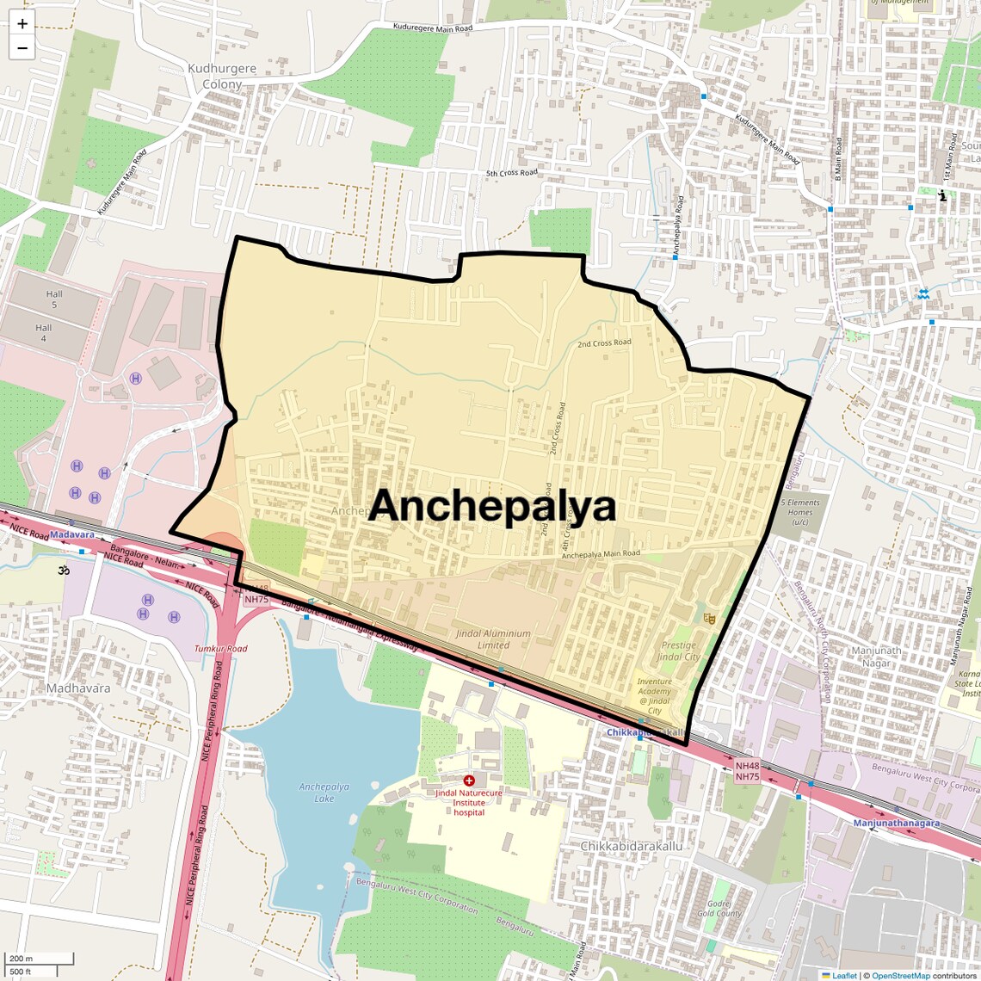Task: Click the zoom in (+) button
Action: tap(22, 24)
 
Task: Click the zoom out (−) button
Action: tap(22, 48)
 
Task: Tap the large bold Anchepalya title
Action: tap(492, 506)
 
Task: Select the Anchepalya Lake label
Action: tap(324, 793)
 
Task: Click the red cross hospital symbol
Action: tap(469, 780)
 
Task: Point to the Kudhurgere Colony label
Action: tap(222, 77)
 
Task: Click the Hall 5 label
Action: tap(54, 299)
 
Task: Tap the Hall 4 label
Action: tap(44, 333)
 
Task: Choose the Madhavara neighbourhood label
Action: tap(78, 688)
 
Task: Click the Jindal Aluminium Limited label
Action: tap(493, 639)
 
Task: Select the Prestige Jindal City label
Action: tap(679, 651)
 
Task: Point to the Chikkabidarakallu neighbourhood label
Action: tap(631, 846)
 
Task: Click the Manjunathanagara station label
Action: tap(896, 824)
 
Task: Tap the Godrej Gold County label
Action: tap(719, 909)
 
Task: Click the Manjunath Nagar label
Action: tap(877, 657)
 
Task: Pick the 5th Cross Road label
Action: tap(511, 173)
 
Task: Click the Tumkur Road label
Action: tap(220, 649)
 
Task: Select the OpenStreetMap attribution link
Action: tap(900, 976)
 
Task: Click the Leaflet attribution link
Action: tap(843, 976)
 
